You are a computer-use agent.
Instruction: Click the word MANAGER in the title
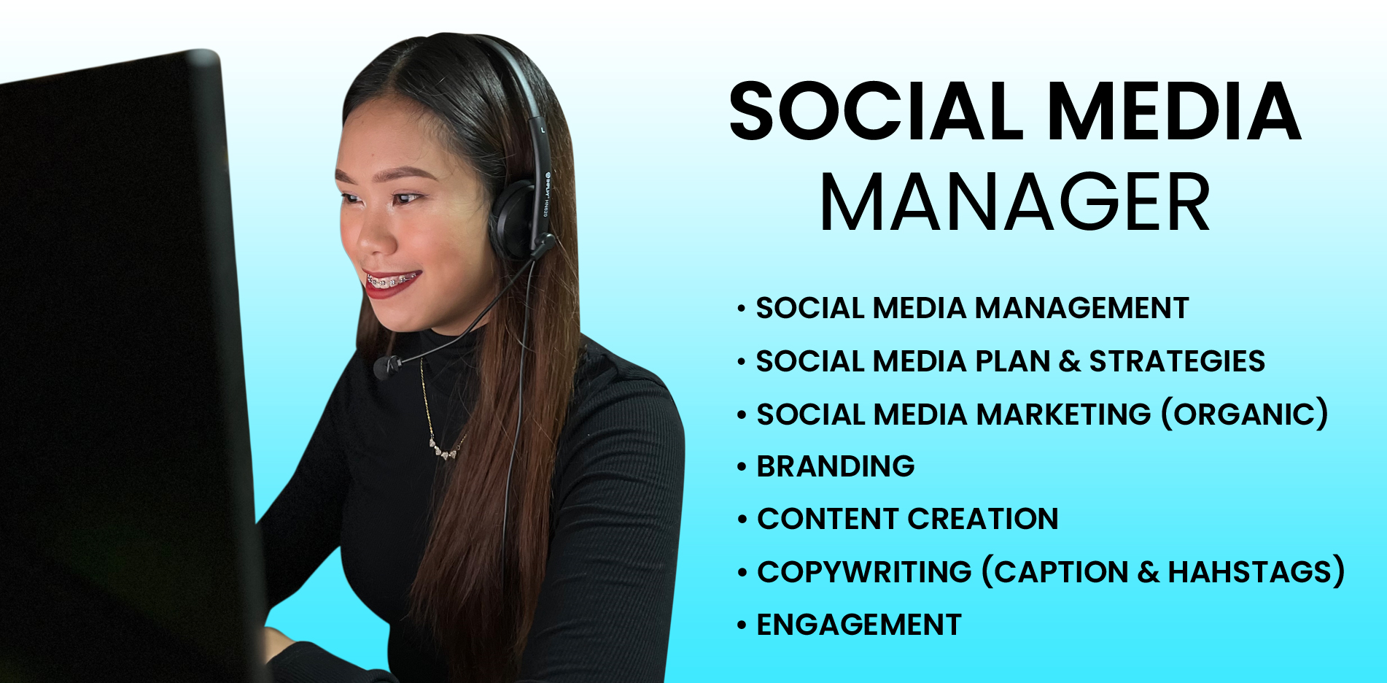click(1015, 203)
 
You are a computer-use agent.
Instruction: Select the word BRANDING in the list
click(836, 466)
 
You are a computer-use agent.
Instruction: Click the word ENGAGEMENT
click(859, 625)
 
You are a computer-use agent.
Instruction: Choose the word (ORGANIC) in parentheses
click(1244, 414)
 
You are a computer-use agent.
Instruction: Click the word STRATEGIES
click(1177, 361)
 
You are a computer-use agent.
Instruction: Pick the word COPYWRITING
click(864, 571)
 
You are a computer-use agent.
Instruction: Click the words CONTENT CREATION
click(908, 519)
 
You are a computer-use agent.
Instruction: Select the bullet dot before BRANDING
click(742, 467)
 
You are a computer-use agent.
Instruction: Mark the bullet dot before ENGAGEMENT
click(742, 625)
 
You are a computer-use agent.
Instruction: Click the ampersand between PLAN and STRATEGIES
click(1070, 361)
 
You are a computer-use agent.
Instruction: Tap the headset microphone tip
click(387, 366)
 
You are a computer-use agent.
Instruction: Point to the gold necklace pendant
click(445, 452)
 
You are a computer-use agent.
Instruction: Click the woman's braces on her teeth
click(391, 280)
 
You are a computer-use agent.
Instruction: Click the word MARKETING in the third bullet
click(1063, 414)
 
